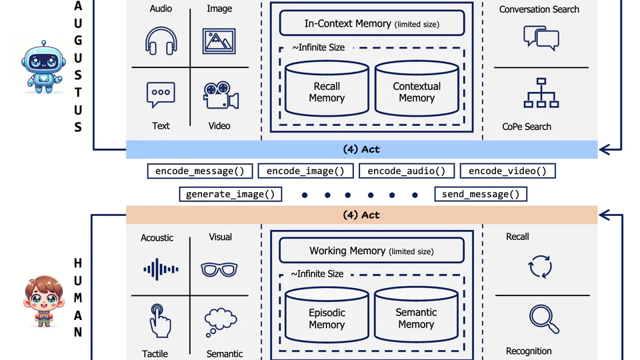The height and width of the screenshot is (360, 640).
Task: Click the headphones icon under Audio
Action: [x=161, y=41]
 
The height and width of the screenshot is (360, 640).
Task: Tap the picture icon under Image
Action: [x=220, y=41]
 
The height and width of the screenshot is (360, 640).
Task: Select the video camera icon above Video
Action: [x=221, y=96]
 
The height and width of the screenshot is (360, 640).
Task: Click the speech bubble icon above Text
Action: [x=161, y=95]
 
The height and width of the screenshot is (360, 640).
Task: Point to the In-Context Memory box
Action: [x=371, y=24]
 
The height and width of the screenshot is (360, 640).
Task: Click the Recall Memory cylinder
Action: [x=327, y=91]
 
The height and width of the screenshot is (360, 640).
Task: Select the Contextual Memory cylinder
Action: [x=417, y=91]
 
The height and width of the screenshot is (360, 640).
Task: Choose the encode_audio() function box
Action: [x=407, y=171]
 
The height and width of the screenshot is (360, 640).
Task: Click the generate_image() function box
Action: [x=230, y=195]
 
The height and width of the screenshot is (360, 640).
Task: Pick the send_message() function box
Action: [x=481, y=195]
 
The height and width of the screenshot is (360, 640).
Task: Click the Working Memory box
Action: [x=371, y=251]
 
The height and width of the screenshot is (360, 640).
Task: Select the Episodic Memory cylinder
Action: [x=327, y=318]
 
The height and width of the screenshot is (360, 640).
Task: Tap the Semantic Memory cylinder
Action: [x=416, y=318]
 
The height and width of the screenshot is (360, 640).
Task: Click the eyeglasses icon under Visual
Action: [x=219, y=269]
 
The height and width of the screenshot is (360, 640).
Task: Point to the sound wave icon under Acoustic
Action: [x=161, y=269]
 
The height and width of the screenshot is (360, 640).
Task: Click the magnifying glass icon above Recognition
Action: [x=543, y=319]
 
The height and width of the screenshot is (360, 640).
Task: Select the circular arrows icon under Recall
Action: [x=540, y=267]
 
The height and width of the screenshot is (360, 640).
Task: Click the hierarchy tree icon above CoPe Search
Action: [x=541, y=93]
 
